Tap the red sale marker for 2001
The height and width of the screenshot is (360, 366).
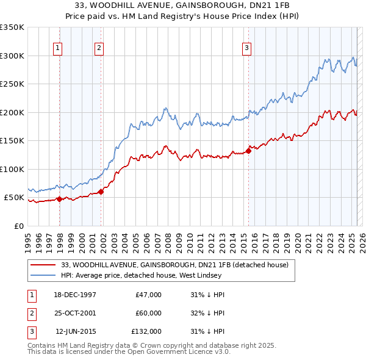(101, 192)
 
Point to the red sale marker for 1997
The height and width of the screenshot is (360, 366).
(60, 199)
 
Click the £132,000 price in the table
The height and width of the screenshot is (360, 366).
(146, 331)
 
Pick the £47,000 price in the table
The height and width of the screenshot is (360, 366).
(149, 295)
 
